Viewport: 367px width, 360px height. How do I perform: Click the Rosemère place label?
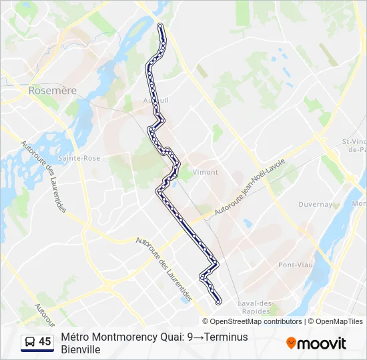click(x=53, y=90)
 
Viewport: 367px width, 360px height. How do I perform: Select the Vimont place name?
click(x=205, y=172)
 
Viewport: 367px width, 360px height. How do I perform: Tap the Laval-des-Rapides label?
click(x=256, y=307)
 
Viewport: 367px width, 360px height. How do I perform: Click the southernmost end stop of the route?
click(x=218, y=302)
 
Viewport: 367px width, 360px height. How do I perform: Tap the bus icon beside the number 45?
click(x=30, y=342)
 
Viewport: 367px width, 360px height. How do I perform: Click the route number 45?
click(x=45, y=342)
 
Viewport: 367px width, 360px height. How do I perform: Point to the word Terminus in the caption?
click(x=227, y=337)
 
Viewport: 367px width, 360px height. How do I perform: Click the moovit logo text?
click(x=322, y=343)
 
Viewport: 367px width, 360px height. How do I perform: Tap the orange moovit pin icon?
click(x=291, y=343)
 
